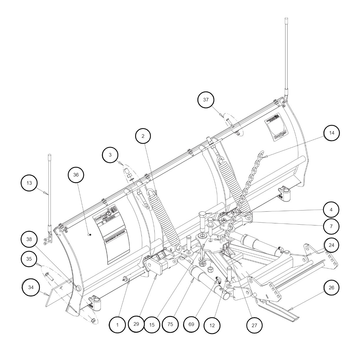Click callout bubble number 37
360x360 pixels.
(x=206, y=100)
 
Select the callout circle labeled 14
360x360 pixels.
(x=332, y=133)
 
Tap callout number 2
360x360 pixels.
(x=143, y=136)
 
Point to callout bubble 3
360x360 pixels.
(x=110, y=155)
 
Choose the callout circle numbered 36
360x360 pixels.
(x=76, y=175)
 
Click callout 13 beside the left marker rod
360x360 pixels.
(x=29, y=183)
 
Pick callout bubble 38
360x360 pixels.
(x=29, y=239)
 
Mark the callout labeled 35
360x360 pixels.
(x=29, y=259)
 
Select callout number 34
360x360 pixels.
(x=31, y=288)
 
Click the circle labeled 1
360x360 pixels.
(x=117, y=325)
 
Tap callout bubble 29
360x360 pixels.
(x=136, y=324)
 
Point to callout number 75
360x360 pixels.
(x=170, y=325)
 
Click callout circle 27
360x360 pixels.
(x=254, y=325)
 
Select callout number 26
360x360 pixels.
(x=332, y=288)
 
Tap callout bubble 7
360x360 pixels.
(x=332, y=226)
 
